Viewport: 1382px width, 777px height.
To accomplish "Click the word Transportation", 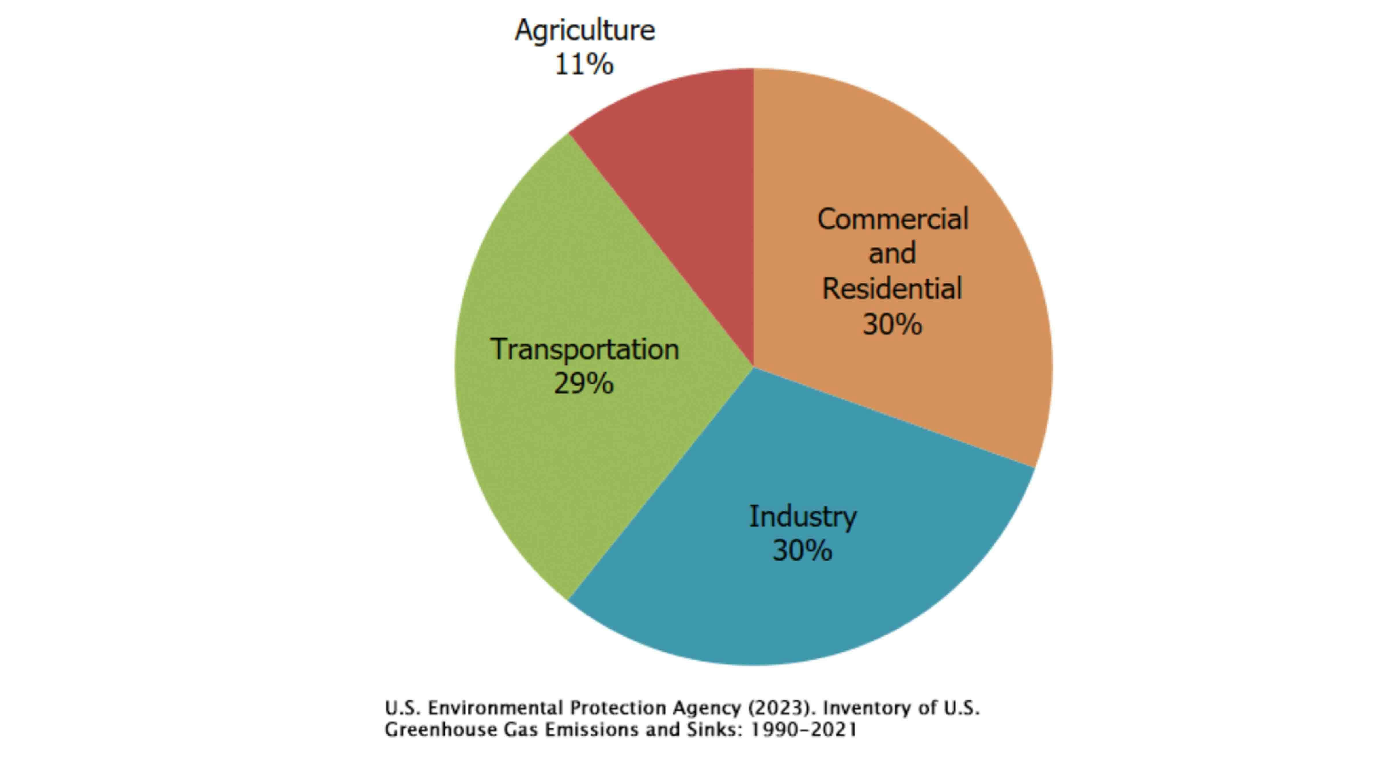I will (584, 350).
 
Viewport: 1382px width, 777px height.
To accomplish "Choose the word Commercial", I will (893, 219).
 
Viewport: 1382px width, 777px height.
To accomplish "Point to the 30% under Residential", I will (892, 324).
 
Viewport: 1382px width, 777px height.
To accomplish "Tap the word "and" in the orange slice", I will (892, 254).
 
